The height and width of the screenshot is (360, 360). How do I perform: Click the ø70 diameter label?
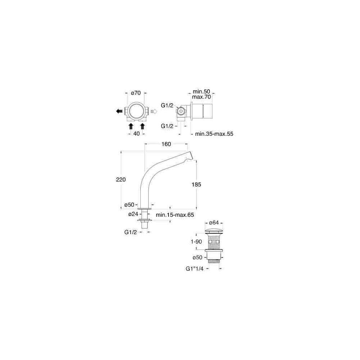coord(136,93)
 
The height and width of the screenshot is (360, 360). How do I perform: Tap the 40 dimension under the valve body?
coord(136,134)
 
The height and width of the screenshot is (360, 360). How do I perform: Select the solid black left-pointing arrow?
coord(119,111)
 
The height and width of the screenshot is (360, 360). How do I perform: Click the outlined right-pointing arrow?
coord(154,111)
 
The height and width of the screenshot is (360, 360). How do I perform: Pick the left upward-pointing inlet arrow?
coord(131,126)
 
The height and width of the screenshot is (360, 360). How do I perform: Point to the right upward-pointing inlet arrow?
coord(143,126)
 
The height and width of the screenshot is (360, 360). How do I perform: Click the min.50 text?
coord(201,91)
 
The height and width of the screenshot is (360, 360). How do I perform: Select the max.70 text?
coord(201,97)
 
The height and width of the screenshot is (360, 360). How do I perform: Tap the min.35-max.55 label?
coord(214,134)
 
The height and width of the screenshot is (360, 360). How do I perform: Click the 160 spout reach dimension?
coord(166,144)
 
